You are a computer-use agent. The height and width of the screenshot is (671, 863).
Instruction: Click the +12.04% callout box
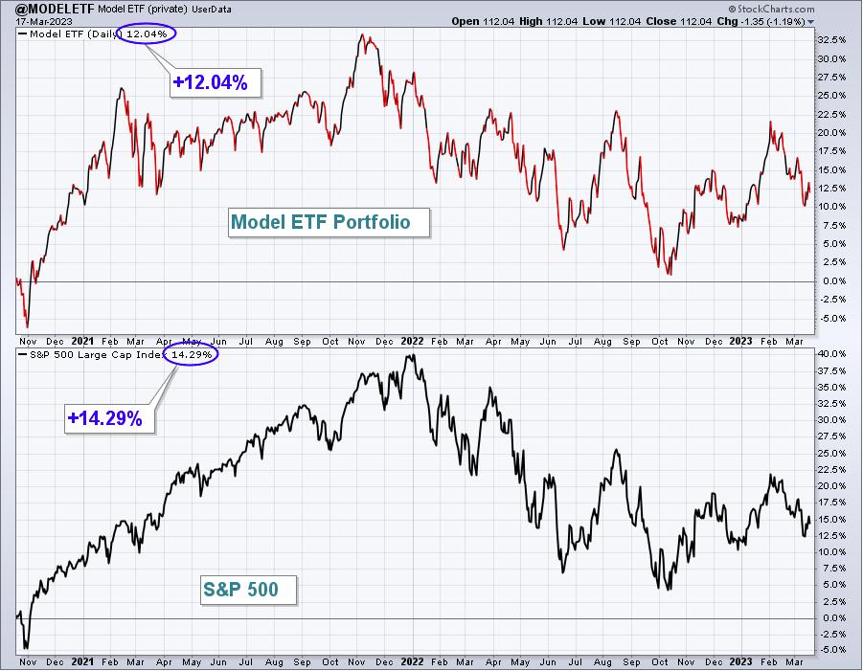coord(216,82)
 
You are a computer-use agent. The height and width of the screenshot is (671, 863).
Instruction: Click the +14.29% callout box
coord(109,418)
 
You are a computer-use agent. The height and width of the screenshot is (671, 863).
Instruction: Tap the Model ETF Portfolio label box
coord(329,222)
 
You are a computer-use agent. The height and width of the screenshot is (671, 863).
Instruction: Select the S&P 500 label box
coord(248,591)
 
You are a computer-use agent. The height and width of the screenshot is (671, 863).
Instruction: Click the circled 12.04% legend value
coord(147,34)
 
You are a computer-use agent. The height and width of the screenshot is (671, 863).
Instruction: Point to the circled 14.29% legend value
coord(191,355)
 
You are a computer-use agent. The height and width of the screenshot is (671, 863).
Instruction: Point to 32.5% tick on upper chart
coord(831,40)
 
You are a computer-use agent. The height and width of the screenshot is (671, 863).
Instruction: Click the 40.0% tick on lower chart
coord(831,353)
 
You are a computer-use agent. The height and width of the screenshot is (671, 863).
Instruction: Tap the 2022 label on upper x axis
coord(412,341)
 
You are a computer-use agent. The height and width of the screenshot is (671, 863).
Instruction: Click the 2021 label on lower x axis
coord(82,661)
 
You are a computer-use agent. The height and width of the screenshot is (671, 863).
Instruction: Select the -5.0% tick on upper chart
coord(831,319)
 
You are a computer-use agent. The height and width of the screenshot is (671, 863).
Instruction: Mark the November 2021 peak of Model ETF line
coord(362,34)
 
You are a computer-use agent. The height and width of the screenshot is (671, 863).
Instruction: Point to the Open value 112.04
coord(498,21)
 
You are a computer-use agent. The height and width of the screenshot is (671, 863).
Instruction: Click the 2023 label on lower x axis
coord(740,661)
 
